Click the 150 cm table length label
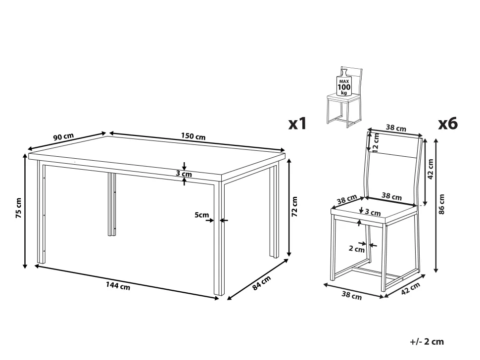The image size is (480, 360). pyautogui.click(x=193, y=136)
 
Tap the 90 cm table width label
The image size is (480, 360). pyautogui.click(x=63, y=136)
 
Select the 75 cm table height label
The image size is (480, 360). pyautogui.click(x=19, y=208)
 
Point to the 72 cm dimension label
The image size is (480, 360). pyautogui.click(x=294, y=207)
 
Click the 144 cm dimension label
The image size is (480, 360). pyautogui.click(x=118, y=286)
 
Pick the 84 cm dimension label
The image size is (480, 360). pyautogui.click(x=262, y=283)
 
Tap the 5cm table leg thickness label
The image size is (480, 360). pyautogui.click(x=202, y=215)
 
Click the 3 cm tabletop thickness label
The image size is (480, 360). pyautogui.click(x=184, y=174)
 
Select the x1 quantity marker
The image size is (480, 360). pyautogui.click(x=297, y=124)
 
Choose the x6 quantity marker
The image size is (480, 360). pyautogui.click(x=448, y=124)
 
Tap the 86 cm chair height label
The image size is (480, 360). pyautogui.click(x=441, y=204)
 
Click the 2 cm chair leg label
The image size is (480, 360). pyautogui.click(x=357, y=249)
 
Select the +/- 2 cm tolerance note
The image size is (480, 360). pyautogui.click(x=427, y=342)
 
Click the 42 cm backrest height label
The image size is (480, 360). pyautogui.click(x=431, y=169)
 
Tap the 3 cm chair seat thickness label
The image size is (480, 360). pyautogui.click(x=373, y=213)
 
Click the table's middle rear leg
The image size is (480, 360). pyautogui.click(x=112, y=204)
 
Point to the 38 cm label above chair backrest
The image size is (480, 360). pyautogui.click(x=396, y=128)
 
